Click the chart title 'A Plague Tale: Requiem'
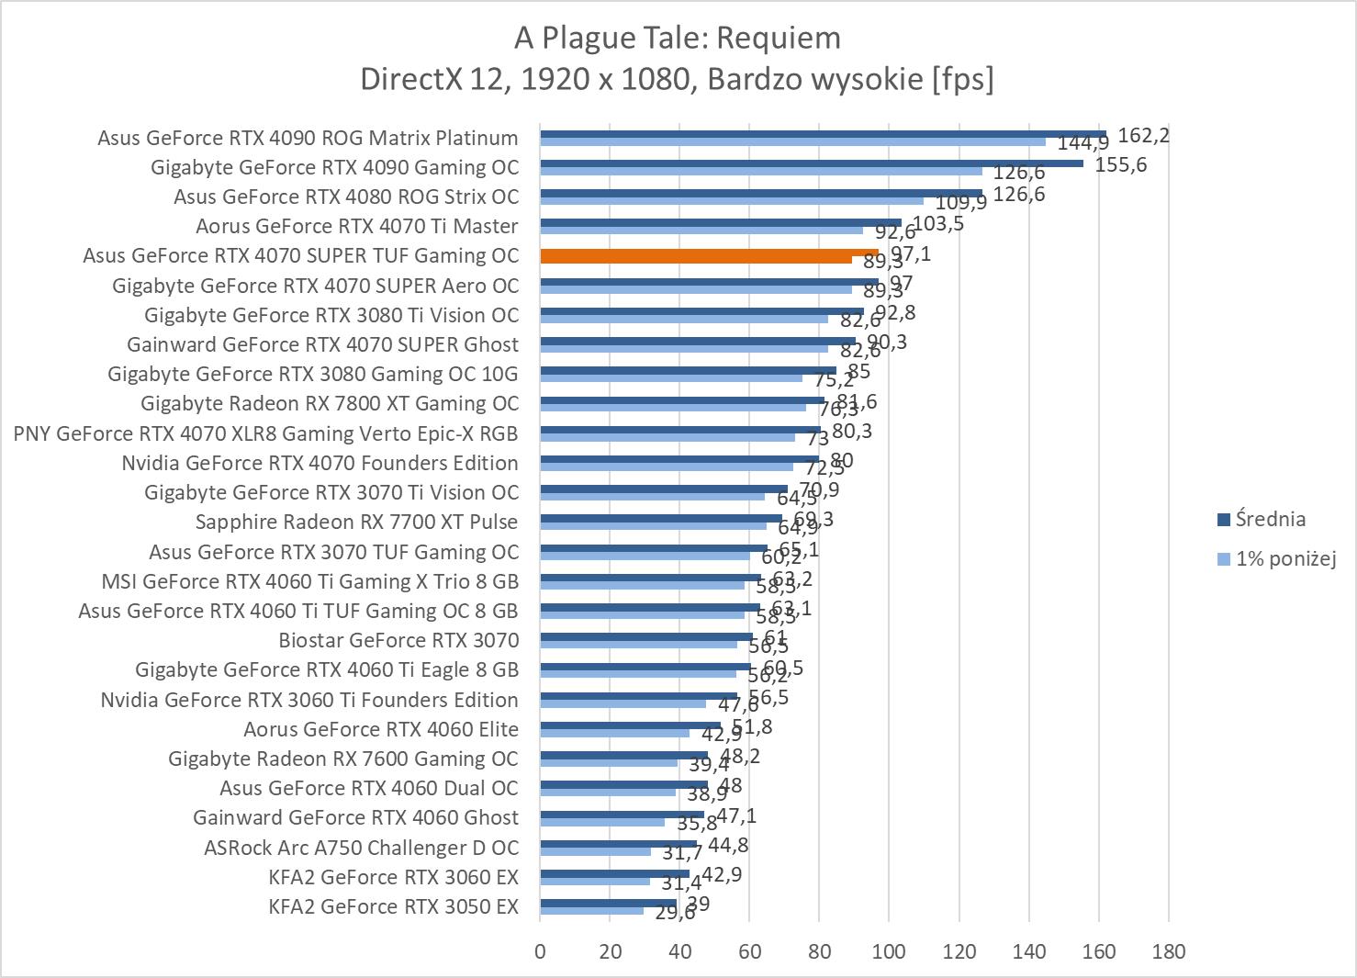point(678,38)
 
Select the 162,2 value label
point(1143,136)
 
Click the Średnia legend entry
point(1270,519)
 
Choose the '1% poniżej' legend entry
point(1284,558)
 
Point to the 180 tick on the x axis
point(1168,950)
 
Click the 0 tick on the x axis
point(540,950)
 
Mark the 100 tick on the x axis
point(889,950)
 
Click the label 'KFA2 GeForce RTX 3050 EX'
point(393,906)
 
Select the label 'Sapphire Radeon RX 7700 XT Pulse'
point(356,522)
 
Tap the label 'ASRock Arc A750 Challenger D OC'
point(361,848)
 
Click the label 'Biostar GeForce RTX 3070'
point(398,640)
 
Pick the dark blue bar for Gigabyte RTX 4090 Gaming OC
point(811,163)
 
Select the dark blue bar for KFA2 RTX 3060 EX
point(614,873)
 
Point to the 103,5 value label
point(937,223)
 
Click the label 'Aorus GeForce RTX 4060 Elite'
point(381,729)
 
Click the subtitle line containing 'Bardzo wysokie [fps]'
point(678,79)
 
